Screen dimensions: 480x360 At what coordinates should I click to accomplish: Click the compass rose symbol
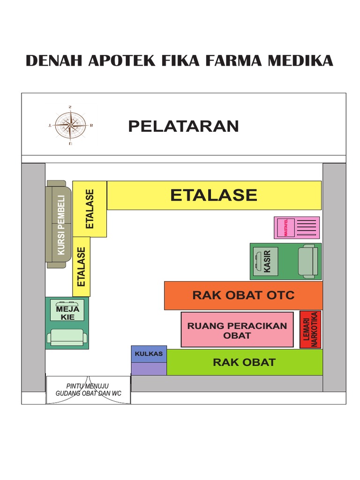70,125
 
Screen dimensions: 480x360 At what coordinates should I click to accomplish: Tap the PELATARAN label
183,126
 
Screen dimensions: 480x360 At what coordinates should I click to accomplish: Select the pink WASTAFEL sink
285,227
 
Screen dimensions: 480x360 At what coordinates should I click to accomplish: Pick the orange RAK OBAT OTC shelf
243,295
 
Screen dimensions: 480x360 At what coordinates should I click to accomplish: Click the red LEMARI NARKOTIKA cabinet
310,330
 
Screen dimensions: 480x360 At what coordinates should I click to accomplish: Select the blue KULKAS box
149,354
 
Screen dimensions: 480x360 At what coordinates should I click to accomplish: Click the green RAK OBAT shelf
244,362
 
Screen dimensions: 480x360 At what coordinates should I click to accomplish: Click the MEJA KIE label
67,313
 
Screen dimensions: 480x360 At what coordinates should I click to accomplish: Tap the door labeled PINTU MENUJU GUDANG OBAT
88,390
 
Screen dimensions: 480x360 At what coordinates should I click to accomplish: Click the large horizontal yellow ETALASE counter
214,195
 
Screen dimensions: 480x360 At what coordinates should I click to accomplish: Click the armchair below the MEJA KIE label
67,336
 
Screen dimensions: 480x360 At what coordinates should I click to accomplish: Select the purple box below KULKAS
149,368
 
